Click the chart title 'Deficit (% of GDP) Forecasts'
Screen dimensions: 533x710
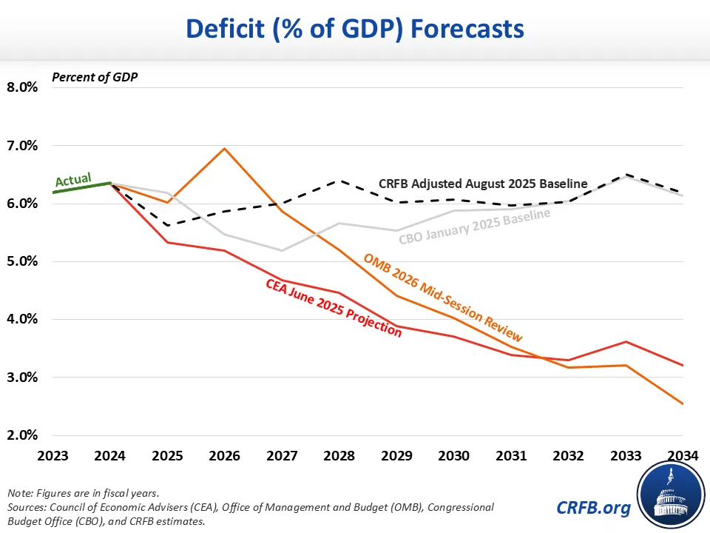[x=355, y=29]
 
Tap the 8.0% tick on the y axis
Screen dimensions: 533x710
[x=21, y=87]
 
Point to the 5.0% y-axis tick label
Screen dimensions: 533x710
[x=21, y=261]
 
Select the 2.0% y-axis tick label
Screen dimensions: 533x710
[x=21, y=435]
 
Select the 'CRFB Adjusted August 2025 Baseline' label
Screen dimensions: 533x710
[x=483, y=184]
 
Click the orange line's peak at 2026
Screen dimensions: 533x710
[x=225, y=149]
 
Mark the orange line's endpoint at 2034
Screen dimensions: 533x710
[x=683, y=404]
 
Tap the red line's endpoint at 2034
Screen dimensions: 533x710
[x=683, y=365]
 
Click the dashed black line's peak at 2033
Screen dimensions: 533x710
[x=626, y=175]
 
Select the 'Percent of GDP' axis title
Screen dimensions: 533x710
[x=84, y=76]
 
